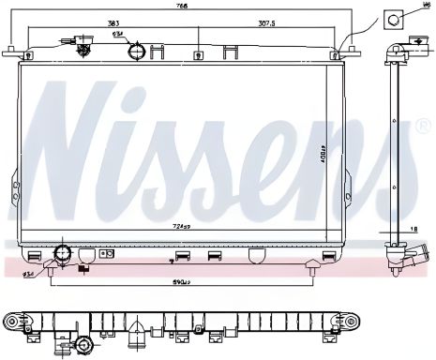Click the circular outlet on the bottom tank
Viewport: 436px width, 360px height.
(64, 255)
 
